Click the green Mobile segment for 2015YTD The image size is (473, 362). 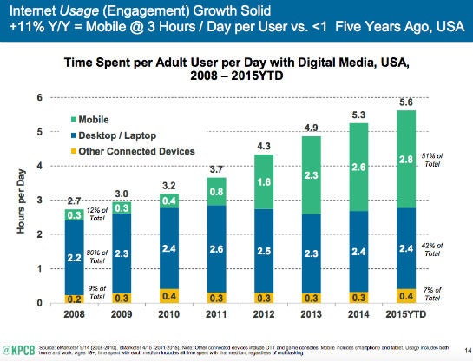tap(402, 160)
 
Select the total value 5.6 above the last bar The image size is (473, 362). tap(402, 100)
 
